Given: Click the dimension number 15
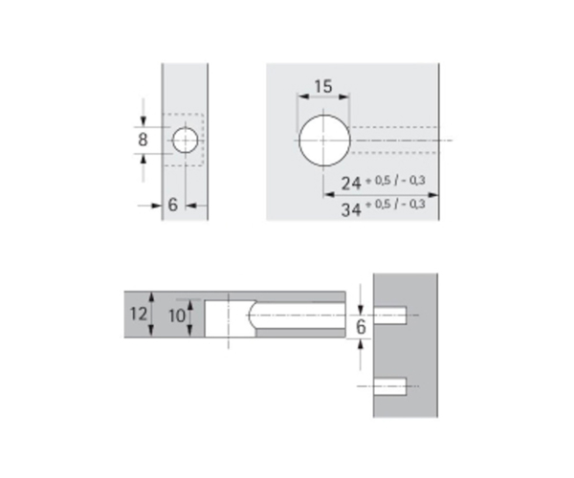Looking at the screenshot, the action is pos(323,87).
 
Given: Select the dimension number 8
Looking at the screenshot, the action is pos(143,140).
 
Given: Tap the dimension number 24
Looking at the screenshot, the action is pos(351,184).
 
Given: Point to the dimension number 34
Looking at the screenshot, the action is pos(351,210).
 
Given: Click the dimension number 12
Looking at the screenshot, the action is pos(139,314).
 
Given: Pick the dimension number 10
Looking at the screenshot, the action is pos(177,315).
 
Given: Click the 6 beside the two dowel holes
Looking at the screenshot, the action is pos(361,327).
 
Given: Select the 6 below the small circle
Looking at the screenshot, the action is pos(173,205).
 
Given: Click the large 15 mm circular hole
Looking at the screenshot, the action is pos(324,141).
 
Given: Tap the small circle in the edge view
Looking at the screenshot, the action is pos(186,141).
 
